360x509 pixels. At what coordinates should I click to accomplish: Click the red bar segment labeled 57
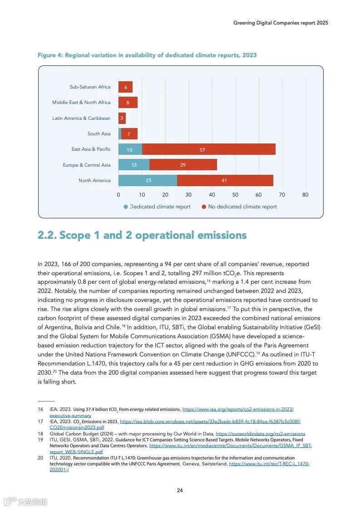point(208,149)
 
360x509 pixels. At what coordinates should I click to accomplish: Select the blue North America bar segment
point(148,181)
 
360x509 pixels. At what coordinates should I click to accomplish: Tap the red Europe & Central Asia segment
point(183,165)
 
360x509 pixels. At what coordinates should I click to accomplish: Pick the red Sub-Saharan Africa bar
point(125,87)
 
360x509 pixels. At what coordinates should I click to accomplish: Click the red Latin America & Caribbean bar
point(122,119)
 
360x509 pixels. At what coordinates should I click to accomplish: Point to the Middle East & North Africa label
point(81,103)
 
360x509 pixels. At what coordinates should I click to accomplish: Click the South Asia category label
point(99,134)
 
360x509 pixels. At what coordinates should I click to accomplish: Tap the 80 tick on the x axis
point(305,195)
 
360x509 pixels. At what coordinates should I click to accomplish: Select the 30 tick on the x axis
point(188,195)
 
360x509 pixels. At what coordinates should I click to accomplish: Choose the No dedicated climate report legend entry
point(242,207)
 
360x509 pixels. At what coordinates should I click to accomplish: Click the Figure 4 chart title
point(147,55)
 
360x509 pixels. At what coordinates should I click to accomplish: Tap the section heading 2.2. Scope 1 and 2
point(142,235)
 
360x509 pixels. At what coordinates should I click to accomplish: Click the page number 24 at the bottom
point(180,490)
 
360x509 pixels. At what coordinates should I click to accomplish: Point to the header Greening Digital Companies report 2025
point(281,23)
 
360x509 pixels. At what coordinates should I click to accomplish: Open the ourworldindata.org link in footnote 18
point(260,434)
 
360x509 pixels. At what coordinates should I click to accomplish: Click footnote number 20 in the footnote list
point(40,458)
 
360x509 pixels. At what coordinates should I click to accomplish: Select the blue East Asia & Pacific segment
point(130,149)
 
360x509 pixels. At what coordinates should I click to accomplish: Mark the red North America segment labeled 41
point(225,181)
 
